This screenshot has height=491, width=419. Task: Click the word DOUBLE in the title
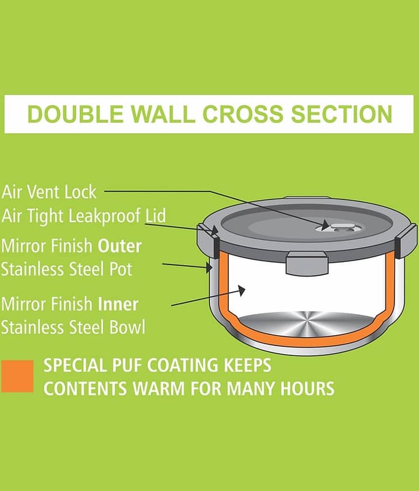point(75,114)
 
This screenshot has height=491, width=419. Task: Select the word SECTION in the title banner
point(341,114)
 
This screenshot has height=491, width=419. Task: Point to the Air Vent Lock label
point(49,192)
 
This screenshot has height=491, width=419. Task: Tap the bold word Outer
point(120,246)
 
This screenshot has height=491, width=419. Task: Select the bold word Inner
point(118,304)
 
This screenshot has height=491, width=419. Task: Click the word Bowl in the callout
point(128,327)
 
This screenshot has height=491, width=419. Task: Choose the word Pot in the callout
point(121,269)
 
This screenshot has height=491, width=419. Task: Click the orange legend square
point(17,376)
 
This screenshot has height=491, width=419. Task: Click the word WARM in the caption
point(159,389)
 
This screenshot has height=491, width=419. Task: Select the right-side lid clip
point(406,239)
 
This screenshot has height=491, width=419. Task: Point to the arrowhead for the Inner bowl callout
point(241,290)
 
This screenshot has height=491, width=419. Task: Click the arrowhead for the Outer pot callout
point(209,267)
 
